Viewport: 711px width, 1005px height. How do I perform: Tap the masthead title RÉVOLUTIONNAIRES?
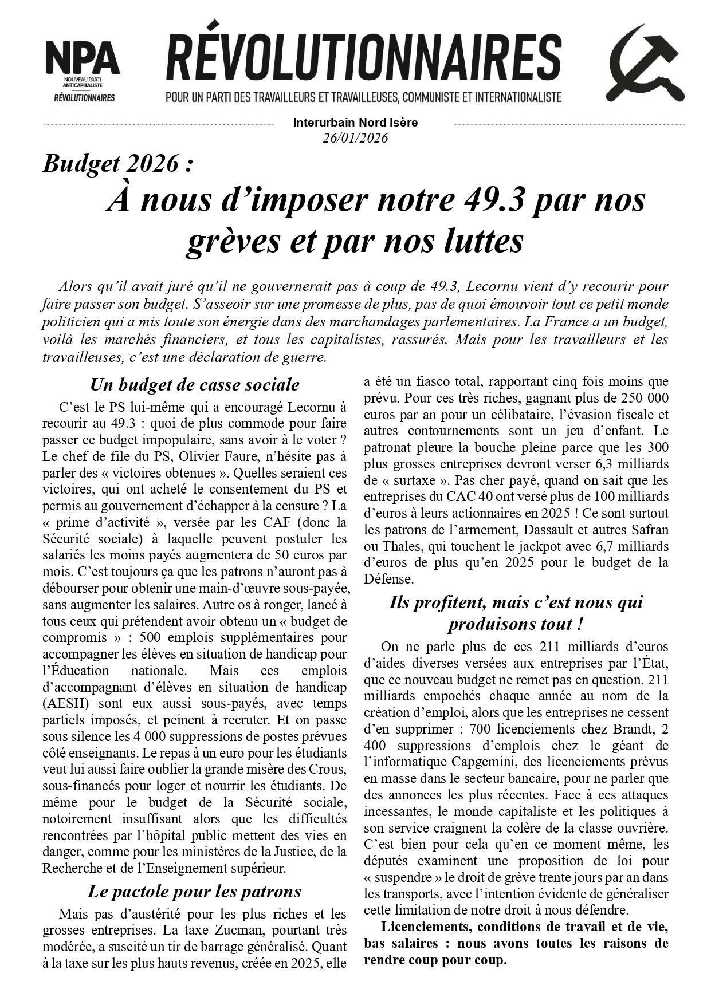coord(364,58)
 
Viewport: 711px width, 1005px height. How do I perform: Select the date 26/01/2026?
coord(355,138)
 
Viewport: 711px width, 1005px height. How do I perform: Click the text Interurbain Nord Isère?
coord(355,123)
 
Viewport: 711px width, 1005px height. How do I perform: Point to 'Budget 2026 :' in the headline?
coord(118,164)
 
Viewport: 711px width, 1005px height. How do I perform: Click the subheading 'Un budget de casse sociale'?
coord(195,384)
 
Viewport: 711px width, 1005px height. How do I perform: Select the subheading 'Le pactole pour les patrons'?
coord(194,892)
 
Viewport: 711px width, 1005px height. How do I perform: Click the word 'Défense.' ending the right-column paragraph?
coord(388,579)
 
